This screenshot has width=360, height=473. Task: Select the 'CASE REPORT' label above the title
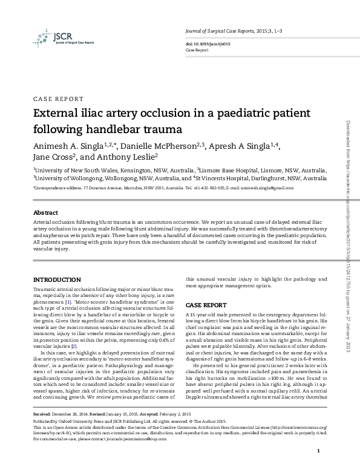58,99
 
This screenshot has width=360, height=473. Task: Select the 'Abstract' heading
45,214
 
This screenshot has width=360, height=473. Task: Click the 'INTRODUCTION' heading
56,279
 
